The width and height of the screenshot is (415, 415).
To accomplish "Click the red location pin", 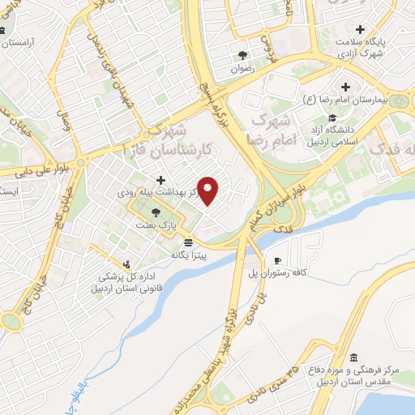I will tap(209, 190).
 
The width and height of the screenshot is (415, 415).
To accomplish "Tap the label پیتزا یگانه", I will tap(189, 255).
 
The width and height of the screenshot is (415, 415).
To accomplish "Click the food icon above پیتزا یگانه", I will tap(189, 242).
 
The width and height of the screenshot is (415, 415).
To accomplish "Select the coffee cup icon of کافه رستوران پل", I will tap(278, 260).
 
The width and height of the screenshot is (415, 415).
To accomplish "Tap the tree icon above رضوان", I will tap(243, 56).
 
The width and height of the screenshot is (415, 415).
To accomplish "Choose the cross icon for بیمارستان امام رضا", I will tap(346, 87).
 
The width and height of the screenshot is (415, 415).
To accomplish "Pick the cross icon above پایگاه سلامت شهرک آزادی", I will tap(361, 30).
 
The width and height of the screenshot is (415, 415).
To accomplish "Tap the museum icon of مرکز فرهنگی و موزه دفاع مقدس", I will tap(353, 357).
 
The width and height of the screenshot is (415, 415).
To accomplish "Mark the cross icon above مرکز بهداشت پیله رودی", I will tap(160, 180).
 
